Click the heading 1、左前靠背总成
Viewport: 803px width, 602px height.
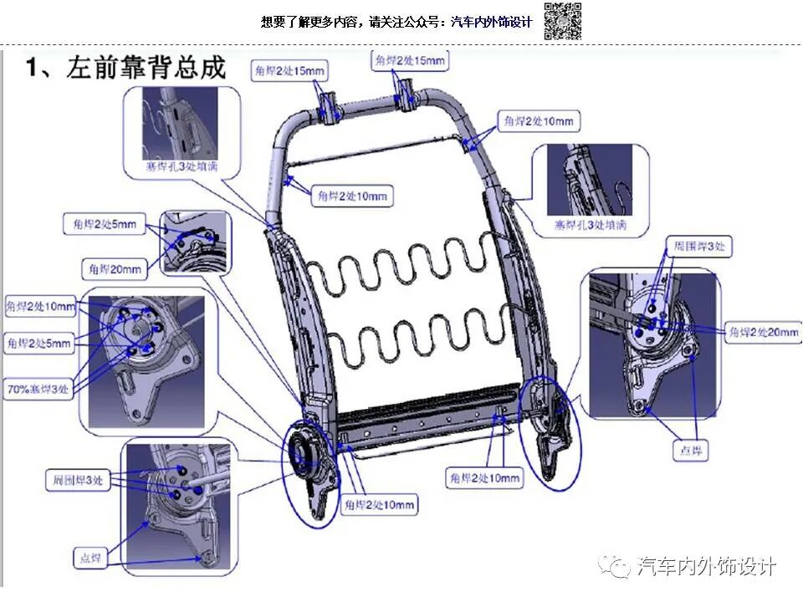pyautogui.click(x=126, y=68)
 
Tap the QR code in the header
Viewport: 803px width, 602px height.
pyautogui.click(x=562, y=21)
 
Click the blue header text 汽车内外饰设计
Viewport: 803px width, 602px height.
pyautogui.click(x=491, y=23)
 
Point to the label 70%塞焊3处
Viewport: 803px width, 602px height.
pyautogui.click(x=39, y=389)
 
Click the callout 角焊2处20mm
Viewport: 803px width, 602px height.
pyautogui.click(x=763, y=332)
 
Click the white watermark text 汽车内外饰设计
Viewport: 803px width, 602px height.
pyautogui.click(x=707, y=566)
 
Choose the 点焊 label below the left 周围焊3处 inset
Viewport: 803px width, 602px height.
pyautogui.click(x=94, y=558)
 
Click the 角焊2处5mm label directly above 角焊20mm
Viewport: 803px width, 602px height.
pyautogui.click(x=103, y=225)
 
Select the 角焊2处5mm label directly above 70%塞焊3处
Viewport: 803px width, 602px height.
pyautogui.click(x=38, y=343)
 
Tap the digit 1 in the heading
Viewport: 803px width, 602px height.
pyautogui.click(x=34, y=68)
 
